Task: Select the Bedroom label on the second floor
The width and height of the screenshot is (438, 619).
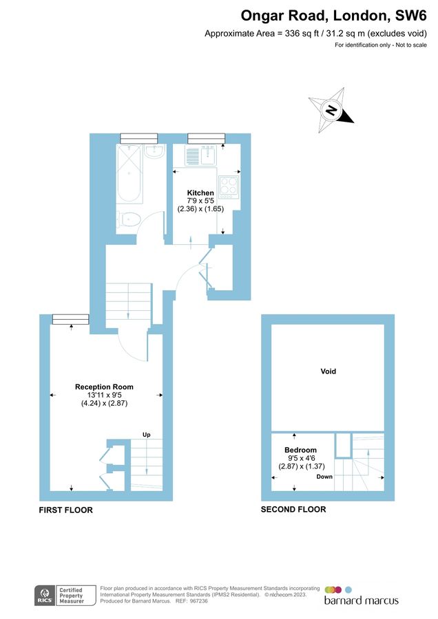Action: click(302, 450)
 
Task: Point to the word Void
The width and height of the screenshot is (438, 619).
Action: click(328, 371)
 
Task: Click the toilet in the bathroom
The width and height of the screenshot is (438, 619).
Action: click(129, 219)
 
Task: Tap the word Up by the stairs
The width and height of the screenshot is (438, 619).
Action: click(146, 435)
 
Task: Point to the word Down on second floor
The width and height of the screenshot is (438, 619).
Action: click(324, 477)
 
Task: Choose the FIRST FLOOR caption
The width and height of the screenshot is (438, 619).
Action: click(66, 510)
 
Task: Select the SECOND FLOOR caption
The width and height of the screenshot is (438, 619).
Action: click(293, 510)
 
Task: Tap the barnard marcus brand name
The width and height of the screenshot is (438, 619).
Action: click(361, 600)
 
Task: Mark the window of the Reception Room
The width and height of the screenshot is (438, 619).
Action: click(71, 318)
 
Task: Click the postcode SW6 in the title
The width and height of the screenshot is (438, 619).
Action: click(411, 15)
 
